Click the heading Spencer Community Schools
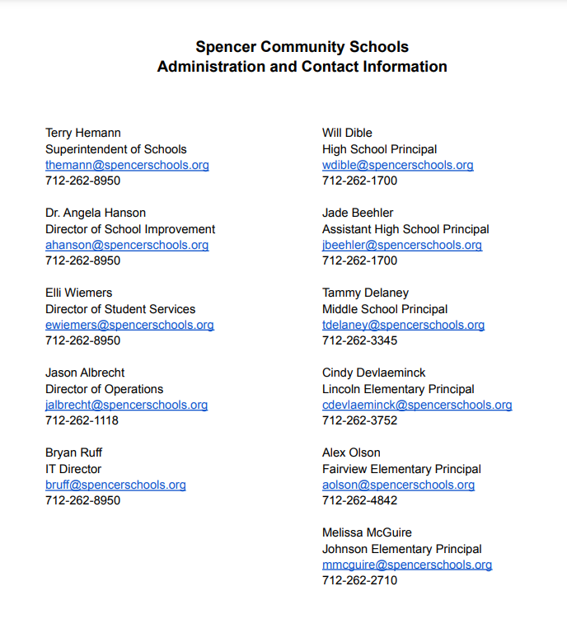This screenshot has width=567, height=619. (302, 47)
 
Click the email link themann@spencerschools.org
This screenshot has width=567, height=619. (127, 165)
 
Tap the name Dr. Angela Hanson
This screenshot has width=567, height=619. (96, 213)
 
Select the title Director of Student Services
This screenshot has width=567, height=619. (120, 309)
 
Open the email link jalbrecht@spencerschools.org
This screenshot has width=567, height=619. (126, 405)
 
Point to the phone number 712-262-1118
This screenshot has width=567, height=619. (82, 420)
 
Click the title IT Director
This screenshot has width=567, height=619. (73, 469)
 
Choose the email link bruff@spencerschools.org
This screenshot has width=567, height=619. (115, 485)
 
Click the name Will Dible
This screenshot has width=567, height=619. (347, 133)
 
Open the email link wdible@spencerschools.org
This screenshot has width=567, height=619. (397, 165)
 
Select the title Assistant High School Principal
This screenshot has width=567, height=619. (405, 229)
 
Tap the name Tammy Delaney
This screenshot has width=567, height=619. (365, 293)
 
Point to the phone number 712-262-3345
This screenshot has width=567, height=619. (359, 340)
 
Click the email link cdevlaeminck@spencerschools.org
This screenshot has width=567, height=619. (417, 405)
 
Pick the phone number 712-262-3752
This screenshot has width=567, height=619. (359, 420)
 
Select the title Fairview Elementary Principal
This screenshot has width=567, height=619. (401, 469)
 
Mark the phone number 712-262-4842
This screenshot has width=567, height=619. (359, 500)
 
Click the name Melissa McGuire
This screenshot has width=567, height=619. (367, 532)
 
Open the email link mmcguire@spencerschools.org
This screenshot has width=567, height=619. (407, 565)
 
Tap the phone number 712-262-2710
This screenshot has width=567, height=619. (359, 580)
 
